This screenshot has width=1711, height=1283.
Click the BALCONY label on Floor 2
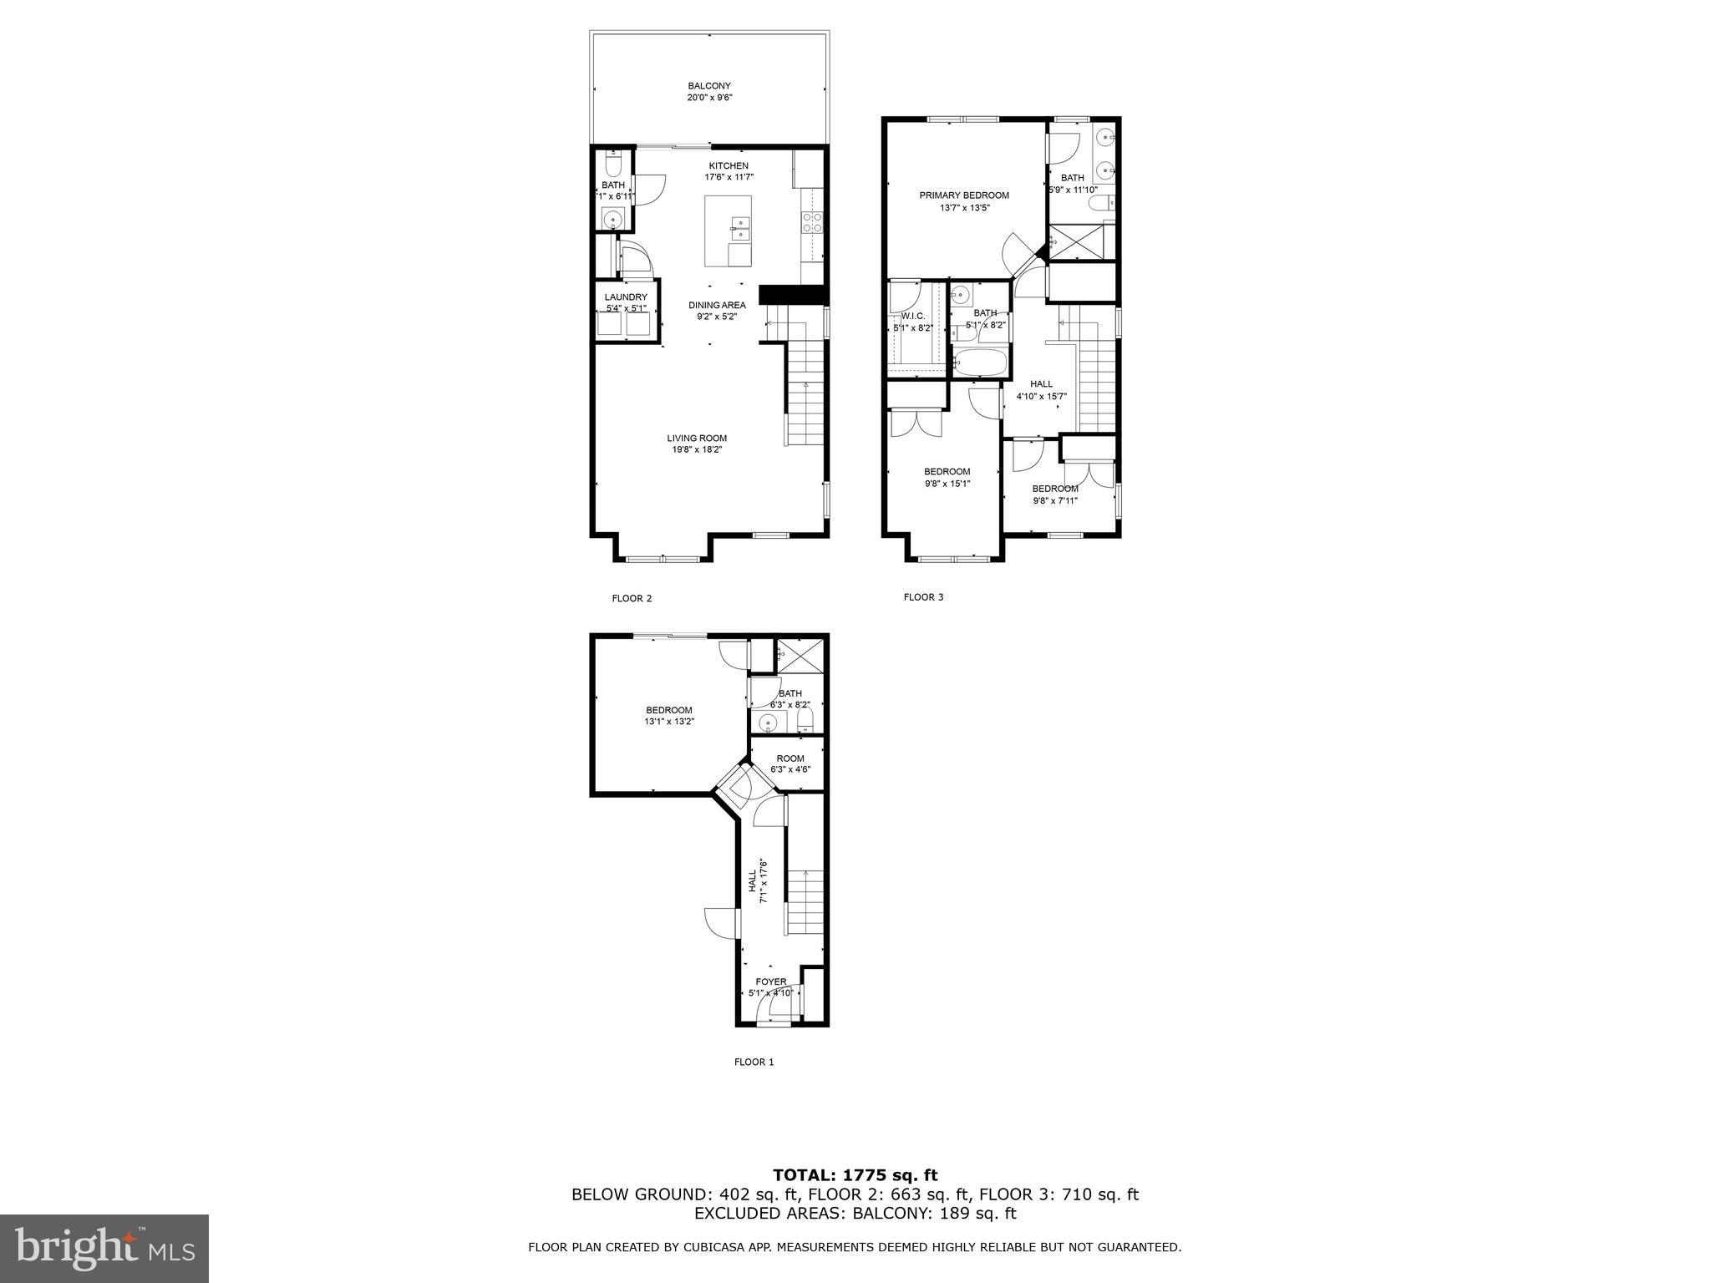coord(709,86)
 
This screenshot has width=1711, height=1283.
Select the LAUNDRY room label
coord(626,297)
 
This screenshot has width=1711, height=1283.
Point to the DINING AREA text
coord(717,305)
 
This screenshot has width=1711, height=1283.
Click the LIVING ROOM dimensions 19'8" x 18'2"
coord(697,449)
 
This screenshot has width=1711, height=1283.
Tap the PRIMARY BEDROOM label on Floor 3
coord(964,195)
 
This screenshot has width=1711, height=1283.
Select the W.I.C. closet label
coord(912,316)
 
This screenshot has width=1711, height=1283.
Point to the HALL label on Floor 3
coord(1041,384)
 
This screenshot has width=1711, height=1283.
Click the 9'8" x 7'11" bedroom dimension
coord(1055,501)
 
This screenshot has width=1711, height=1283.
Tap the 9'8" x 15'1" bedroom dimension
coord(947,484)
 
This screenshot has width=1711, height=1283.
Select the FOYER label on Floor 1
coord(771,981)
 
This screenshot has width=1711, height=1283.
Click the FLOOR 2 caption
coord(632,598)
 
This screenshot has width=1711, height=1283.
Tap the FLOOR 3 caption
coord(923,597)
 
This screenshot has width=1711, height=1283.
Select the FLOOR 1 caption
coord(754,1062)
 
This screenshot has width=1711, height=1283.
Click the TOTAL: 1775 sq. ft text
coord(855,1175)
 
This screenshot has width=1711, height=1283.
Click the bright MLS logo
coord(104,1249)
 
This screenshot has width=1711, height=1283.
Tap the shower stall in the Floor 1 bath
coord(800,656)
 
